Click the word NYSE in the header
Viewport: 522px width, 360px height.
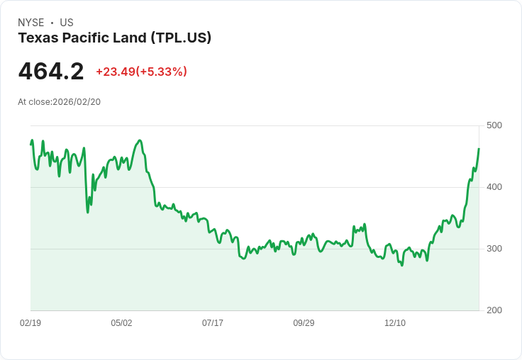[31, 23]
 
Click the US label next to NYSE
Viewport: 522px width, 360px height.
[67, 23]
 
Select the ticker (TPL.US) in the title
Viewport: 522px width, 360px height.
[181, 38]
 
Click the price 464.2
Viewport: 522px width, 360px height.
[51, 71]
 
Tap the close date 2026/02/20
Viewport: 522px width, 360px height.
[77, 102]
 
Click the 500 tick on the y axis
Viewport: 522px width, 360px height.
[494, 125]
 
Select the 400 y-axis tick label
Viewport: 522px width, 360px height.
[494, 187]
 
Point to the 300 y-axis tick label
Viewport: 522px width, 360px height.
[494, 249]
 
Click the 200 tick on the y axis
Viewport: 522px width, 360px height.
[494, 310]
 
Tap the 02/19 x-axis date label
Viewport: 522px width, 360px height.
[30, 323]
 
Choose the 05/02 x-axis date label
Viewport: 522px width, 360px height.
[121, 323]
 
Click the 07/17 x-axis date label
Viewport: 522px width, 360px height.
[213, 323]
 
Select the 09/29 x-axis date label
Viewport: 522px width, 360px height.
[304, 323]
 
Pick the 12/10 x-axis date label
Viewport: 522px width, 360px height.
[395, 323]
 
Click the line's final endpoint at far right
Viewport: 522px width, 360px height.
[479, 149]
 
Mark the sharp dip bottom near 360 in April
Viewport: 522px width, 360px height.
[88, 212]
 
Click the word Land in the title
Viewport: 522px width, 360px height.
[130, 38]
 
